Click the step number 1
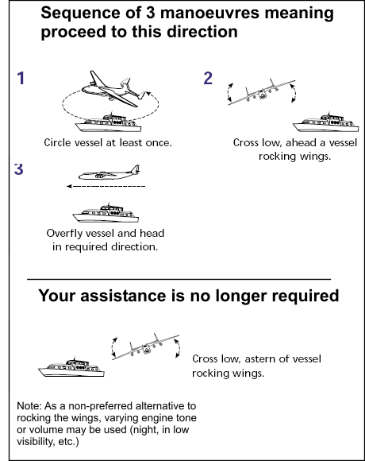click(x=21, y=78)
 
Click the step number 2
click(x=208, y=78)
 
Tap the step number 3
click(x=19, y=169)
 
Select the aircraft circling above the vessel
click(x=114, y=88)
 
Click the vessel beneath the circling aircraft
click(x=108, y=122)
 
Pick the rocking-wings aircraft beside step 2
click(x=261, y=91)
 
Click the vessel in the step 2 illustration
click(x=325, y=122)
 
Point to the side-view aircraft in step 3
click(x=109, y=173)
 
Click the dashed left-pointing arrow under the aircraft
click(x=106, y=186)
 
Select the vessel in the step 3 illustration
click(x=106, y=213)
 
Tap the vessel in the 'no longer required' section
click(x=71, y=367)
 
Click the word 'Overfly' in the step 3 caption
click(x=62, y=234)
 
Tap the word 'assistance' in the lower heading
click(x=123, y=296)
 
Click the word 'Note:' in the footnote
click(x=29, y=406)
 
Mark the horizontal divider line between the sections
click(x=179, y=279)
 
